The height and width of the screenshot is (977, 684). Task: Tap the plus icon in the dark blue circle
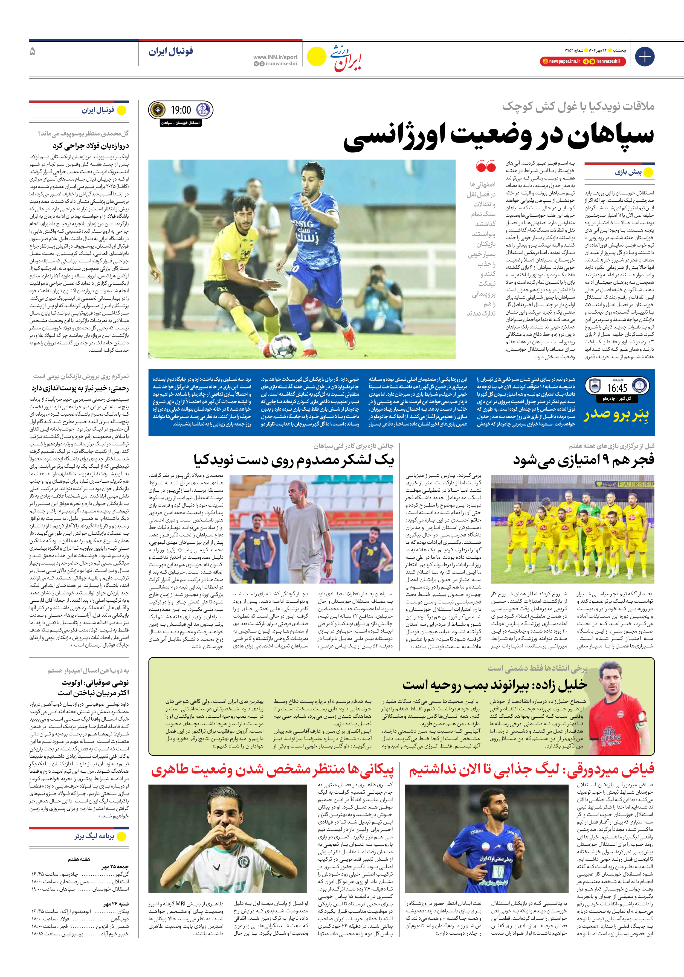point(644,57)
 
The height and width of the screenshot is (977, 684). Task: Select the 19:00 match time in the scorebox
point(181,111)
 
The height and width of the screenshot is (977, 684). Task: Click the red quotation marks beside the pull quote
point(486,166)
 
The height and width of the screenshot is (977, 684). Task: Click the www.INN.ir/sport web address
point(275,57)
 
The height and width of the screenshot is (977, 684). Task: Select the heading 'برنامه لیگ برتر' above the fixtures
point(94,836)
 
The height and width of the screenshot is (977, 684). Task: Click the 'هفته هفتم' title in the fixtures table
point(79,859)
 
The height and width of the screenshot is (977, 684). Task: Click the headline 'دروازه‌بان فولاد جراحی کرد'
point(90,146)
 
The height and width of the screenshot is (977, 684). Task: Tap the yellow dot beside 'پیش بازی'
point(648,172)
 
